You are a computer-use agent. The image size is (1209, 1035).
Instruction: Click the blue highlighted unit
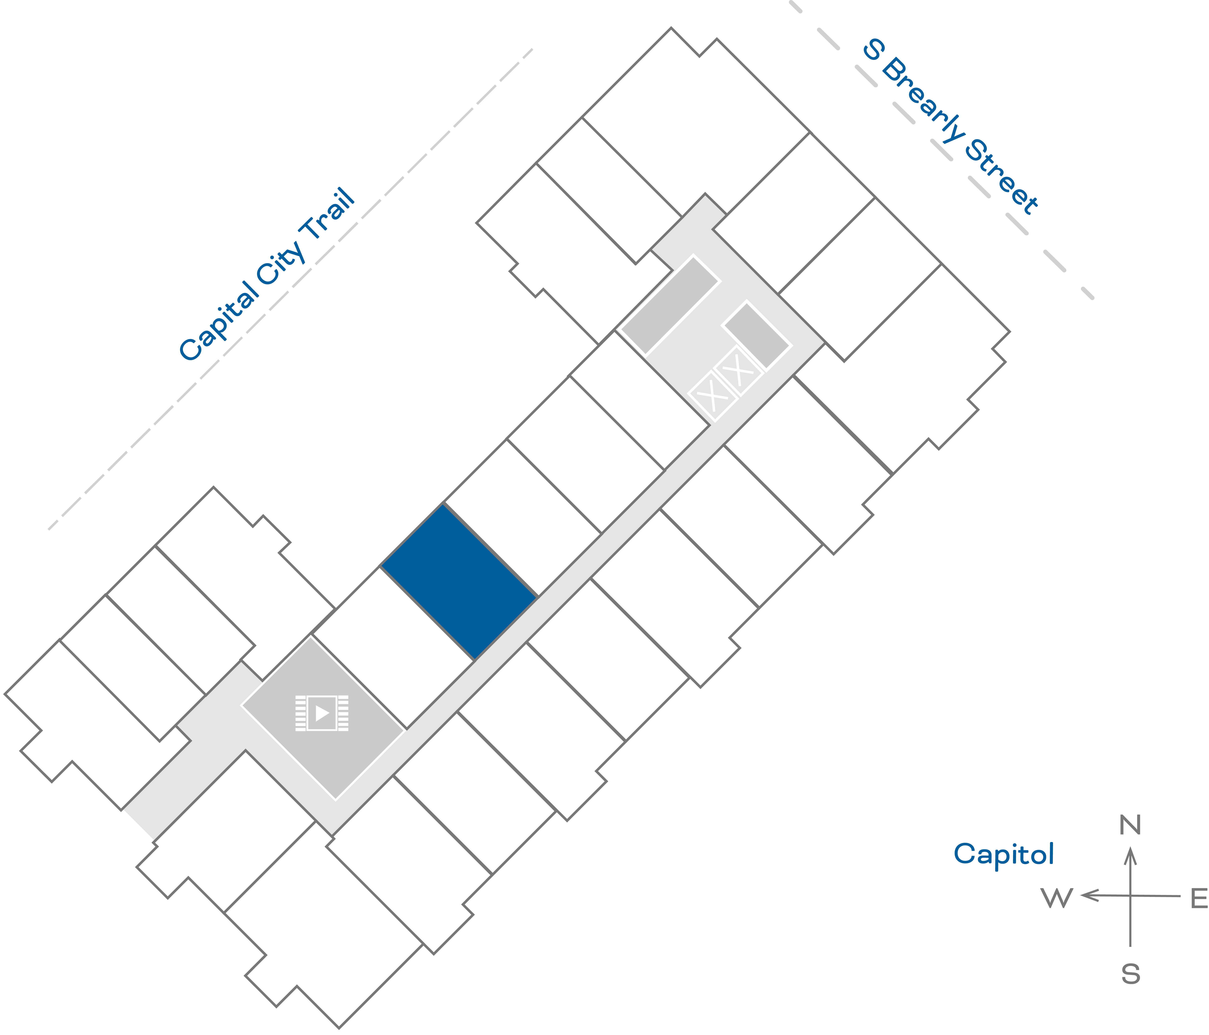pyautogui.click(x=459, y=582)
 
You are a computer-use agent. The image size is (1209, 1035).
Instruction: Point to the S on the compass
pyautogui.click(x=1130, y=974)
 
